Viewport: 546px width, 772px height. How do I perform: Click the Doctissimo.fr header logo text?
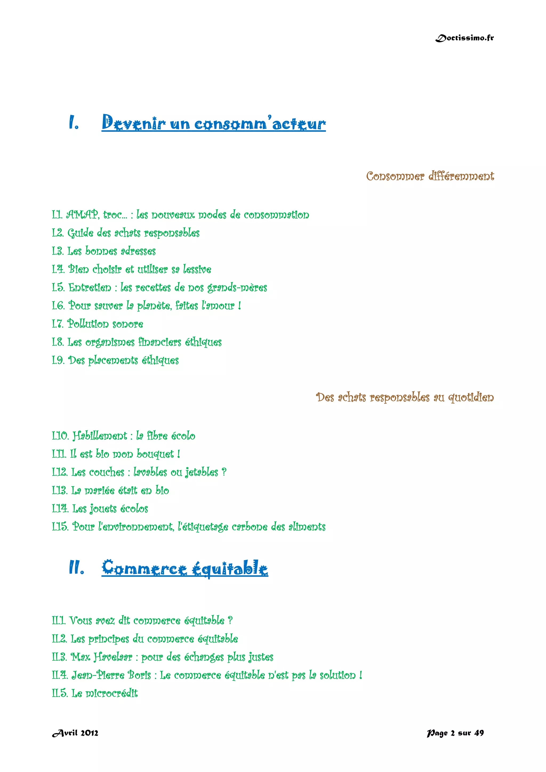pyautogui.click(x=464, y=38)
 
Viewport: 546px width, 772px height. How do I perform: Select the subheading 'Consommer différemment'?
pyautogui.click(x=430, y=176)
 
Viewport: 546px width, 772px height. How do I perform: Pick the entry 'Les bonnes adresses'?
pyautogui.click(x=111, y=251)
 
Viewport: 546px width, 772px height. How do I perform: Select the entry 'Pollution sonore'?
pyautogui.click(x=105, y=324)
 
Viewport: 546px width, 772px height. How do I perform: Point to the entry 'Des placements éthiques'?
pyautogui.click(x=123, y=360)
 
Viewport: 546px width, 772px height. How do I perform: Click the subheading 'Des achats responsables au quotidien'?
pyautogui.click(x=405, y=397)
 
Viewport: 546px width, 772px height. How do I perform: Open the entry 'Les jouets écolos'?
pyautogui.click(x=110, y=509)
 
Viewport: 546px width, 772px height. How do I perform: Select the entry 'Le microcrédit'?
pyautogui.click(x=104, y=693)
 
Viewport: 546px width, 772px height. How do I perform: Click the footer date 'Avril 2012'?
pyautogui.click(x=75, y=733)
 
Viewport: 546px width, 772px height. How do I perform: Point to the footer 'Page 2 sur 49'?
pyautogui.click(x=455, y=733)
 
